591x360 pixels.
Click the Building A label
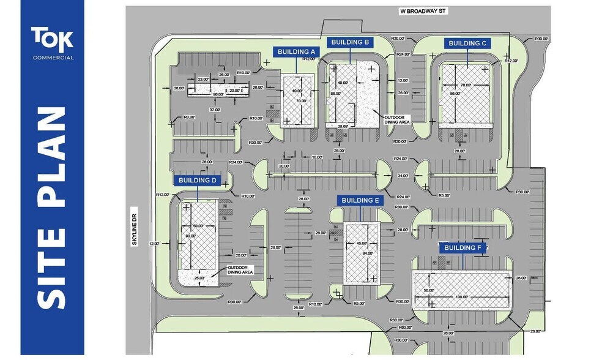pos(296,52)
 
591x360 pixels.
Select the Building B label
pos(349,42)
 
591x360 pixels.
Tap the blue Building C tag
pos(467,43)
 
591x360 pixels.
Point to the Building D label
pos(198,181)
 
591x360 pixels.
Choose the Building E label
pos(360,200)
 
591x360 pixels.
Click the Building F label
pos(463,248)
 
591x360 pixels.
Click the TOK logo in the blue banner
pos(53,39)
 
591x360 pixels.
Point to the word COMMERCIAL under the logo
pos(53,58)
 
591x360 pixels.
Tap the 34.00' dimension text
pos(403,176)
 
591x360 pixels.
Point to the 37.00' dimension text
pos(214,110)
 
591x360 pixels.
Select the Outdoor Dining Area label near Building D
pos(240,270)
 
